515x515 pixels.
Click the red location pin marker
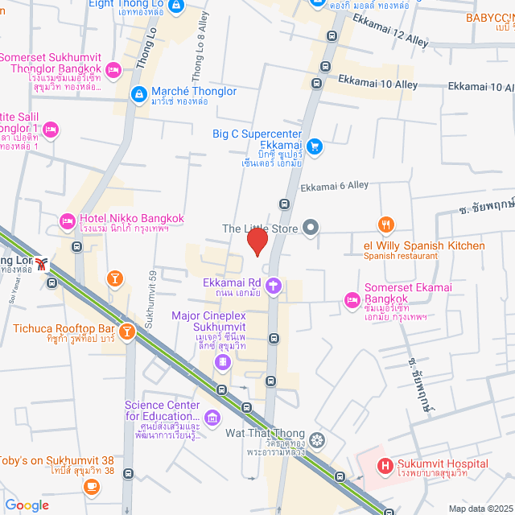[257, 241]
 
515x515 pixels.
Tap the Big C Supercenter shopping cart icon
[315, 146]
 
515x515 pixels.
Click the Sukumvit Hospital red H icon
[385, 464]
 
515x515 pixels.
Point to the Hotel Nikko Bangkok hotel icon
[68, 220]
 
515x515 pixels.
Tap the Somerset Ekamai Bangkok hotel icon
[352, 300]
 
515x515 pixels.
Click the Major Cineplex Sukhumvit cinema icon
[220, 363]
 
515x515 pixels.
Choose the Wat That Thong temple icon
[318, 439]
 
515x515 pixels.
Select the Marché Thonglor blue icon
[138, 94]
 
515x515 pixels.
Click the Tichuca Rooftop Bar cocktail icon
[126, 330]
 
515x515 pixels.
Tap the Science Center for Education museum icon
[212, 417]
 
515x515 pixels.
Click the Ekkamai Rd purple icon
[274, 283]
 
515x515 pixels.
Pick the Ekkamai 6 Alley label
[334, 186]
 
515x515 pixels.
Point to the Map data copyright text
[480, 508]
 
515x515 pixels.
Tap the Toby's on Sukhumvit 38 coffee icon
[91, 486]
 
